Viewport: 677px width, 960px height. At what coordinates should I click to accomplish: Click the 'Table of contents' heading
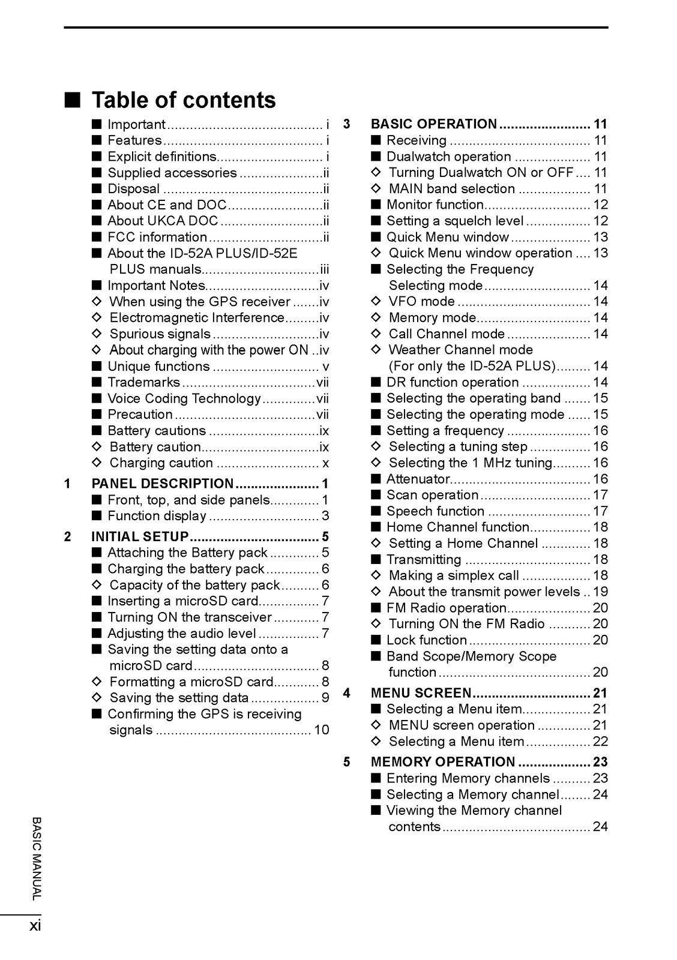183,100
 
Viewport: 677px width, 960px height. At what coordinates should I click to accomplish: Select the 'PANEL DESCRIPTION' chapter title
162,484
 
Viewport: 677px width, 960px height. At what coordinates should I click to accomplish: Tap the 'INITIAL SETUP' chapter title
140,536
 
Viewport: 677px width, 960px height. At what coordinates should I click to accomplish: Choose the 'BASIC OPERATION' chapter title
434,124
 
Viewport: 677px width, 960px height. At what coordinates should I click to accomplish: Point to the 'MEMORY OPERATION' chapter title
443,762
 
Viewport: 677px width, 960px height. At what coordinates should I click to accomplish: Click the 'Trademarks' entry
143,382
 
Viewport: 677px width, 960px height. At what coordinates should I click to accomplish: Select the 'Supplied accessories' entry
172,173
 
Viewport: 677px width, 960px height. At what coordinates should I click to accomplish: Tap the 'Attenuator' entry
418,479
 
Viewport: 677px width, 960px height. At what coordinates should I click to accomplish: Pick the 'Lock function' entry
427,640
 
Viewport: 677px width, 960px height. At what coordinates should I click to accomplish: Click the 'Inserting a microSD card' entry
183,601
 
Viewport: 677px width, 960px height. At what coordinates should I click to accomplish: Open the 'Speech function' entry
435,511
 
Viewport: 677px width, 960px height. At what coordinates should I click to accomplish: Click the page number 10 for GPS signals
322,730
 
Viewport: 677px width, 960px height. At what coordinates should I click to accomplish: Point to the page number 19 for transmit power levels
600,592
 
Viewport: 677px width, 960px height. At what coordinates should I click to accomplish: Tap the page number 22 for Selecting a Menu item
600,742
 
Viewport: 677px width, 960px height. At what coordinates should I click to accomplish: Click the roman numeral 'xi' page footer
35,926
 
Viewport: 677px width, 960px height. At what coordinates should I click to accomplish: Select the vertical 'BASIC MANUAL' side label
37,858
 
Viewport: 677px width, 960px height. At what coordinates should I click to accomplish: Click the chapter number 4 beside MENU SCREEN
346,694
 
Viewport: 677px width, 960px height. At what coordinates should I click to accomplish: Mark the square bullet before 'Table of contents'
73,100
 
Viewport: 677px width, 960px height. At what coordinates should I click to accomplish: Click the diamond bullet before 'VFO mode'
376,302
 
